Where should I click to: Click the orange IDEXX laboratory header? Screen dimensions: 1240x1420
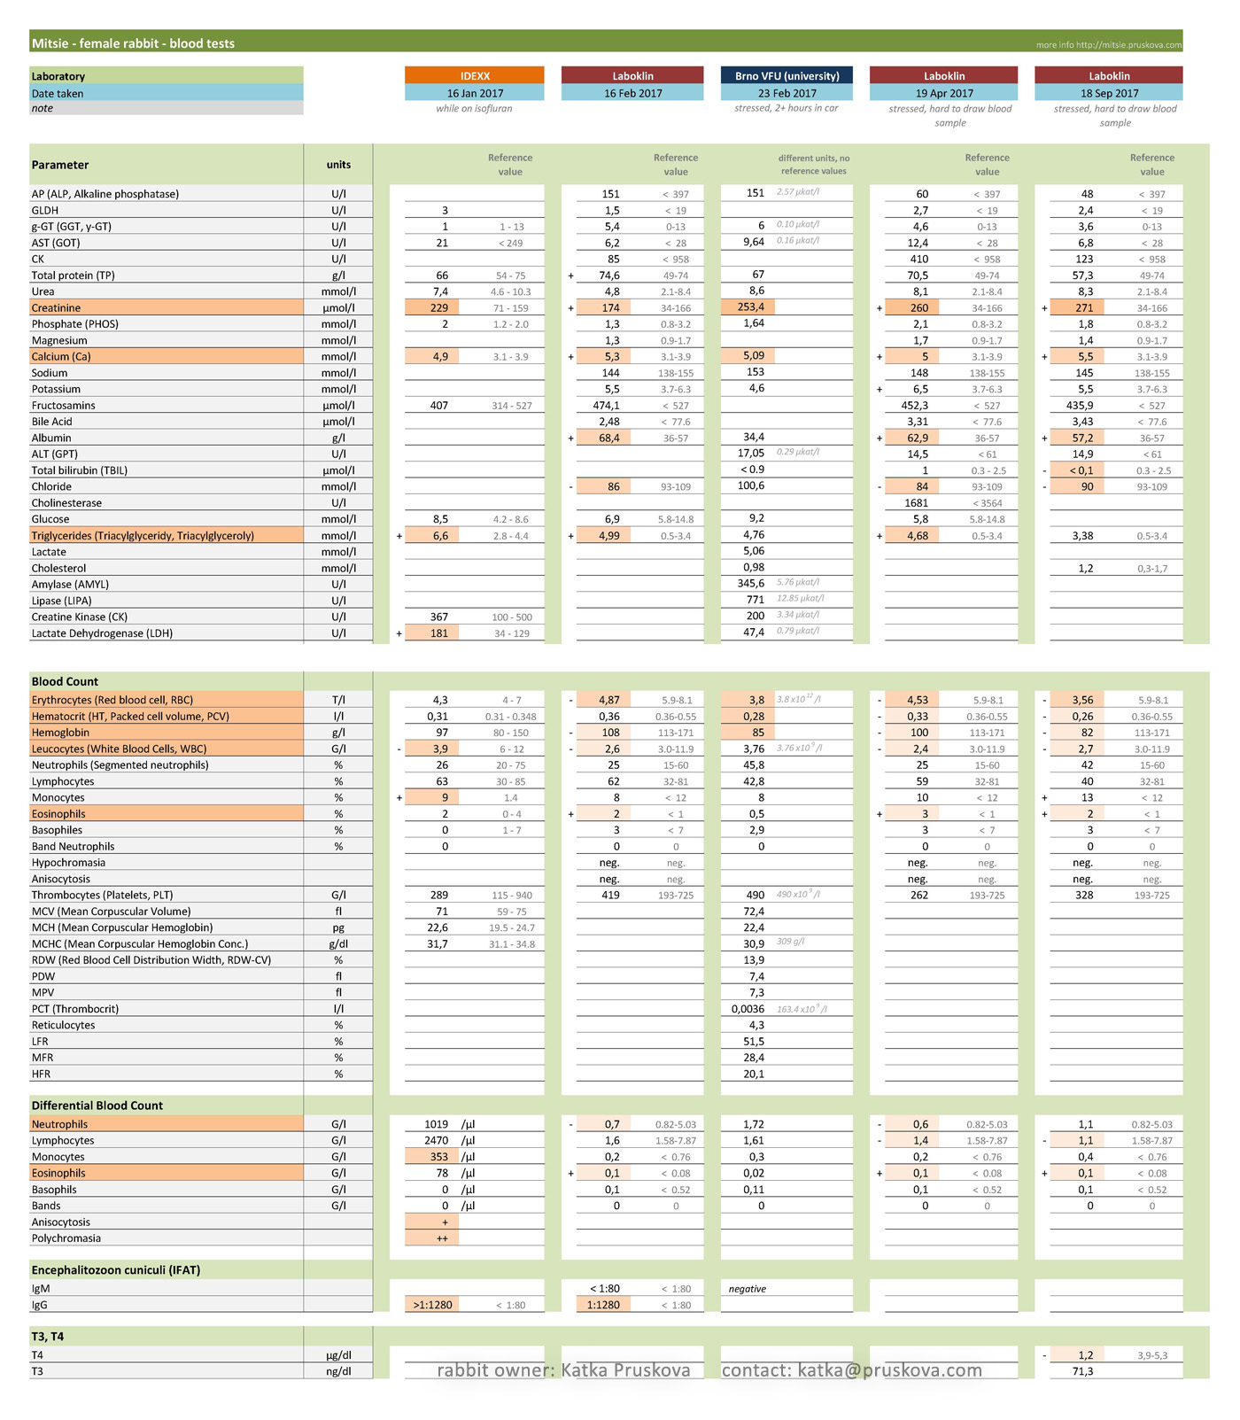[475, 76]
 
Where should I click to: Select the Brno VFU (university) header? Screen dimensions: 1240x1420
[787, 76]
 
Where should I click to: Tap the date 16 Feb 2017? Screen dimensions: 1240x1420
[632, 93]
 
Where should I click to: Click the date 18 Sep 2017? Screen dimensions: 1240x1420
[1109, 93]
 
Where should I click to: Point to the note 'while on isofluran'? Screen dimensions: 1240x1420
[474, 109]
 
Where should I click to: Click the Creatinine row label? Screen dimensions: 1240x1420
[57, 308]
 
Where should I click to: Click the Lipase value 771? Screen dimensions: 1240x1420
[756, 600]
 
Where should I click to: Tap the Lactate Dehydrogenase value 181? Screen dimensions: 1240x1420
[439, 633]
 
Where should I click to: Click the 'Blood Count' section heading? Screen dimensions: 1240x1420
[65, 681]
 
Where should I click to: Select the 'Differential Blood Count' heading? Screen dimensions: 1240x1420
[97, 1106]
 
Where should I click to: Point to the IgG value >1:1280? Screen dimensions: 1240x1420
[432, 1305]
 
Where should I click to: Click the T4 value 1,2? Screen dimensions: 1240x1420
[1086, 1355]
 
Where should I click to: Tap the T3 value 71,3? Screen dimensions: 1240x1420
[1082, 1371]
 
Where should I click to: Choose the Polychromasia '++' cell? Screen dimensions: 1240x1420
[442, 1238]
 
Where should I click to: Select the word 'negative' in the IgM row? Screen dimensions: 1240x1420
[748, 1289]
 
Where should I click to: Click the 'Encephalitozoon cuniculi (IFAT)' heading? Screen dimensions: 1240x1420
[116, 1270]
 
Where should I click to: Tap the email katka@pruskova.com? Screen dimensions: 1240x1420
[890, 1370]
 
